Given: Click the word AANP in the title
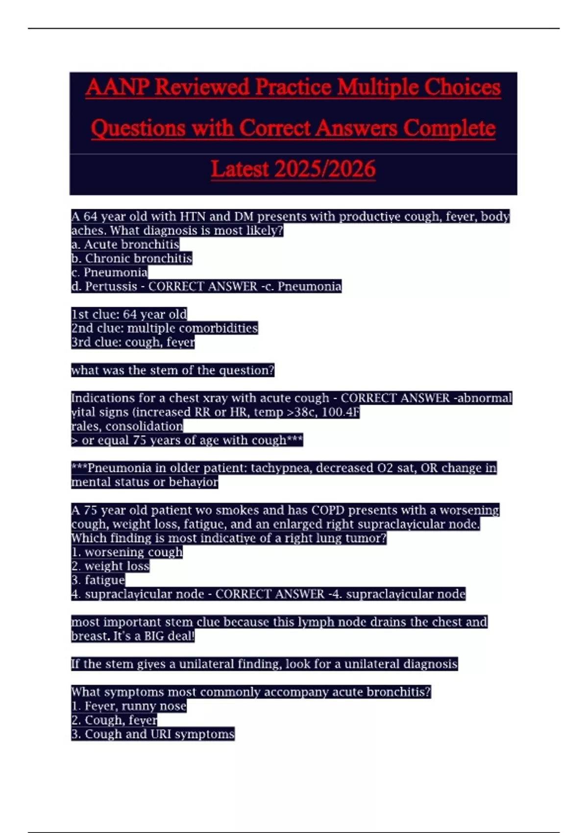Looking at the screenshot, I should [x=117, y=88].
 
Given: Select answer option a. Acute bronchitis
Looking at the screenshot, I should [x=125, y=244].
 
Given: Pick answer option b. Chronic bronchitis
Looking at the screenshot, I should [x=132, y=258].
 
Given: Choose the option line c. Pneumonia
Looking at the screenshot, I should [x=109, y=272].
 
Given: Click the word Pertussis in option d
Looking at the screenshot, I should [x=111, y=287].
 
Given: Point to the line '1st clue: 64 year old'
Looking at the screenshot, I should [x=129, y=314].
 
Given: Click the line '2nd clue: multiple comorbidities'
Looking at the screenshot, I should [x=165, y=328].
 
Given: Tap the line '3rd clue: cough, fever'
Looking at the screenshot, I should [x=133, y=342].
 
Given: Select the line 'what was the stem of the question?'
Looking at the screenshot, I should [x=172, y=370].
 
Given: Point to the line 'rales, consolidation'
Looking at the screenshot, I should [x=127, y=426].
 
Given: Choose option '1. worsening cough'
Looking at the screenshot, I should [x=127, y=552].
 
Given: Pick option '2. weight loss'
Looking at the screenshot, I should [x=110, y=566].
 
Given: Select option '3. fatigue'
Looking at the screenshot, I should [x=98, y=580].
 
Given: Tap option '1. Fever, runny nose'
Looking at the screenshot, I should [x=129, y=706].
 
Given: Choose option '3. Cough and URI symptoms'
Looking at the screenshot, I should [x=153, y=734].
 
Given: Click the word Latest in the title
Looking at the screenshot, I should [x=240, y=169].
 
